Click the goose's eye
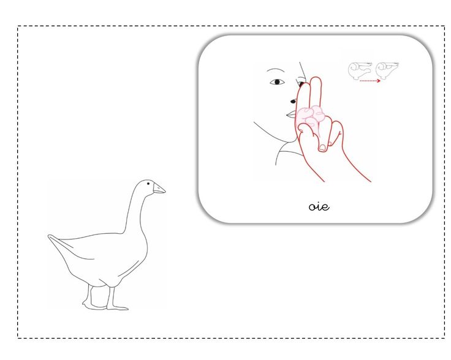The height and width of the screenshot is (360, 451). (148, 183)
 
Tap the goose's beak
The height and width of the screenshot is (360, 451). (159, 189)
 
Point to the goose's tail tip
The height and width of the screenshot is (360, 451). (49, 236)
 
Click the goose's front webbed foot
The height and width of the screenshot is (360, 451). (118, 308)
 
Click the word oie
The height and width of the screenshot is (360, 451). (319, 206)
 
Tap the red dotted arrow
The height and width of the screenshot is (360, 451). (370, 81)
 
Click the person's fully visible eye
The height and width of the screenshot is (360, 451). (277, 82)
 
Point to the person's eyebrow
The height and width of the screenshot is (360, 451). (275, 69)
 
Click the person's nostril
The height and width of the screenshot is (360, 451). (293, 102)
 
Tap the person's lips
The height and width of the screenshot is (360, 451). (291, 115)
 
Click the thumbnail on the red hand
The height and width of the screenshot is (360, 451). (322, 148)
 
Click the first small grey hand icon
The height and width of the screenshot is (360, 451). (360, 70)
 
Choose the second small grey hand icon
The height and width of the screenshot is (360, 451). (387, 70)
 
